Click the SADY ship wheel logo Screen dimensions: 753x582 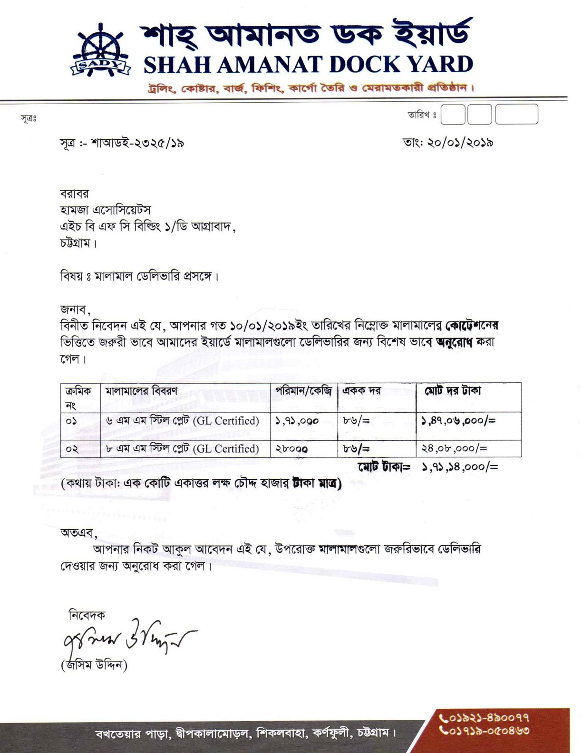[x=101, y=51]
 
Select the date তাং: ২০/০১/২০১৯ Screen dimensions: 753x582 [x=448, y=143]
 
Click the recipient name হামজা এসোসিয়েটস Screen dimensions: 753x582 [x=106, y=210]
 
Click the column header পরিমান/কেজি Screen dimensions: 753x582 [x=303, y=391]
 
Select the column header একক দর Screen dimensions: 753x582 [x=362, y=391]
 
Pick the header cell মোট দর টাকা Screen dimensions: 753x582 [x=453, y=391]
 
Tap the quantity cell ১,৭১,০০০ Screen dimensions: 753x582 [x=297, y=421]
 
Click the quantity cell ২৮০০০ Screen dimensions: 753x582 [x=292, y=449]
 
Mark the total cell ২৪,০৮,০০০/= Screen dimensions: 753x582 [x=454, y=449]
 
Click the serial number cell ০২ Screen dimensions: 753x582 [x=72, y=449]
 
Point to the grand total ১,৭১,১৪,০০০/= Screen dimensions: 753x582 [x=460, y=467]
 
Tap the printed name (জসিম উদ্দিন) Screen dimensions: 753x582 [x=94, y=665]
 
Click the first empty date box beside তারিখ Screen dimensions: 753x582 [x=453, y=115]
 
